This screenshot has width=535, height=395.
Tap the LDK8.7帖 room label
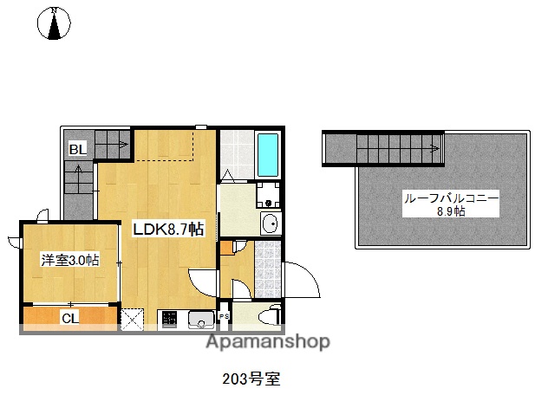(168, 230)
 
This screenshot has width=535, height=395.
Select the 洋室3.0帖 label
(68, 259)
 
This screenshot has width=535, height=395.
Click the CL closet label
(69, 318)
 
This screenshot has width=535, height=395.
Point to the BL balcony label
(77, 149)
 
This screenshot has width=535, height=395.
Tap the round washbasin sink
(269, 223)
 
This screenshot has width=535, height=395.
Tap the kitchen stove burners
(168, 319)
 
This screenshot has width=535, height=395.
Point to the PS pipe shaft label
(224, 317)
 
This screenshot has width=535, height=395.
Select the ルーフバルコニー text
(450, 198)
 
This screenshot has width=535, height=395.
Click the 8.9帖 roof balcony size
(450, 211)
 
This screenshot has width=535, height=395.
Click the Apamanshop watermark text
(267, 341)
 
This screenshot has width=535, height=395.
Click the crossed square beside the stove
(133, 319)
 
